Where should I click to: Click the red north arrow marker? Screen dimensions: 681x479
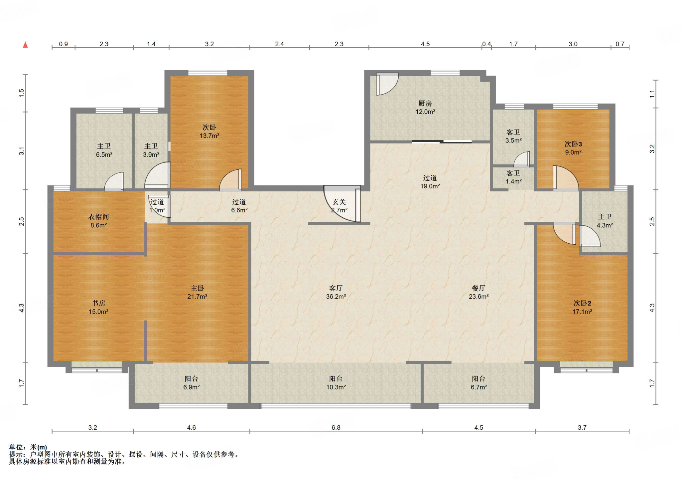click(x=25, y=45)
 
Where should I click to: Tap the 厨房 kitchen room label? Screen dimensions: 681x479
click(x=425, y=104)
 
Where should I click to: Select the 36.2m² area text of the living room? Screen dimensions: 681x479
click(x=336, y=296)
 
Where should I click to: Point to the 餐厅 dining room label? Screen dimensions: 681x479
click(x=478, y=288)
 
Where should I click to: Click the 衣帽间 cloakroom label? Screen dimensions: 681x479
click(x=98, y=217)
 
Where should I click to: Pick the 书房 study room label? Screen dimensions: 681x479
click(x=98, y=303)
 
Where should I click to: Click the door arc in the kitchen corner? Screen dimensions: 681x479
click(x=387, y=84)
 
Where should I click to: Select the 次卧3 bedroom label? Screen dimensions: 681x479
click(x=573, y=144)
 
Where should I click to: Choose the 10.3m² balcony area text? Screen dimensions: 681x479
click(x=336, y=387)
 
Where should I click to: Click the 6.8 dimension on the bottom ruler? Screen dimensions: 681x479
click(x=336, y=427)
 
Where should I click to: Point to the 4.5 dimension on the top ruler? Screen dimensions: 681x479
click(x=425, y=44)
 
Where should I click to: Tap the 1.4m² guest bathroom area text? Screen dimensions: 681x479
click(x=513, y=181)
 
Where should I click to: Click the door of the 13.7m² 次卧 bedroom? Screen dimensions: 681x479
click(x=230, y=180)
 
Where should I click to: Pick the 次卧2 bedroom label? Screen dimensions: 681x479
click(x=582, y=303)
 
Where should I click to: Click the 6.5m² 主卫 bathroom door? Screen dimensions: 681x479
click(x=114, y=181)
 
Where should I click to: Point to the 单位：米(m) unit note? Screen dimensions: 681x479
click(x=28, y=447)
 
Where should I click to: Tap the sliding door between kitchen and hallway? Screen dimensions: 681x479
click(x=442, y=142)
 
